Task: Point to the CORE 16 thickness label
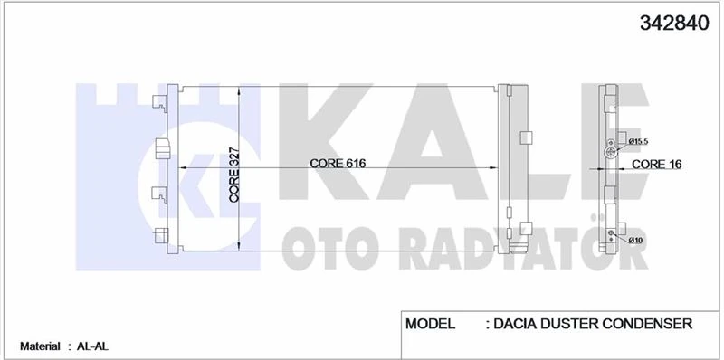(656, 165)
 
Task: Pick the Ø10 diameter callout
(635, 239)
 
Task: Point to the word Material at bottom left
(39, 346)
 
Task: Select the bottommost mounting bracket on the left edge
(162, 237)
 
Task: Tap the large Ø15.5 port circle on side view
(611, 154)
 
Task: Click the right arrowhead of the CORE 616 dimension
(493, 168)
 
